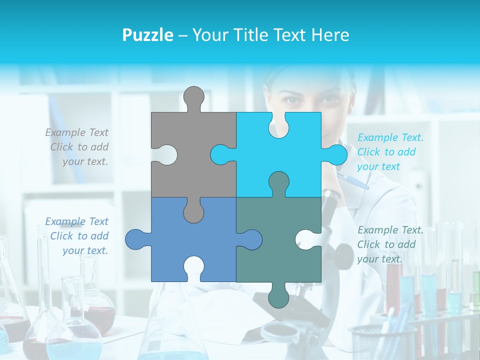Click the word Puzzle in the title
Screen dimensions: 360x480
[x=147, y=35]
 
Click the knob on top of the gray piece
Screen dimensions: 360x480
[x=194, y=97]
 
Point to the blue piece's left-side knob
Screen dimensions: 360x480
[x=136, y=239]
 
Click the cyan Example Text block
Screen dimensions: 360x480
[x=389, y=152]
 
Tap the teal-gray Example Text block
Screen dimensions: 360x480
[x=389, y=244]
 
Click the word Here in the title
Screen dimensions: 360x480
[x=330, y=35]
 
